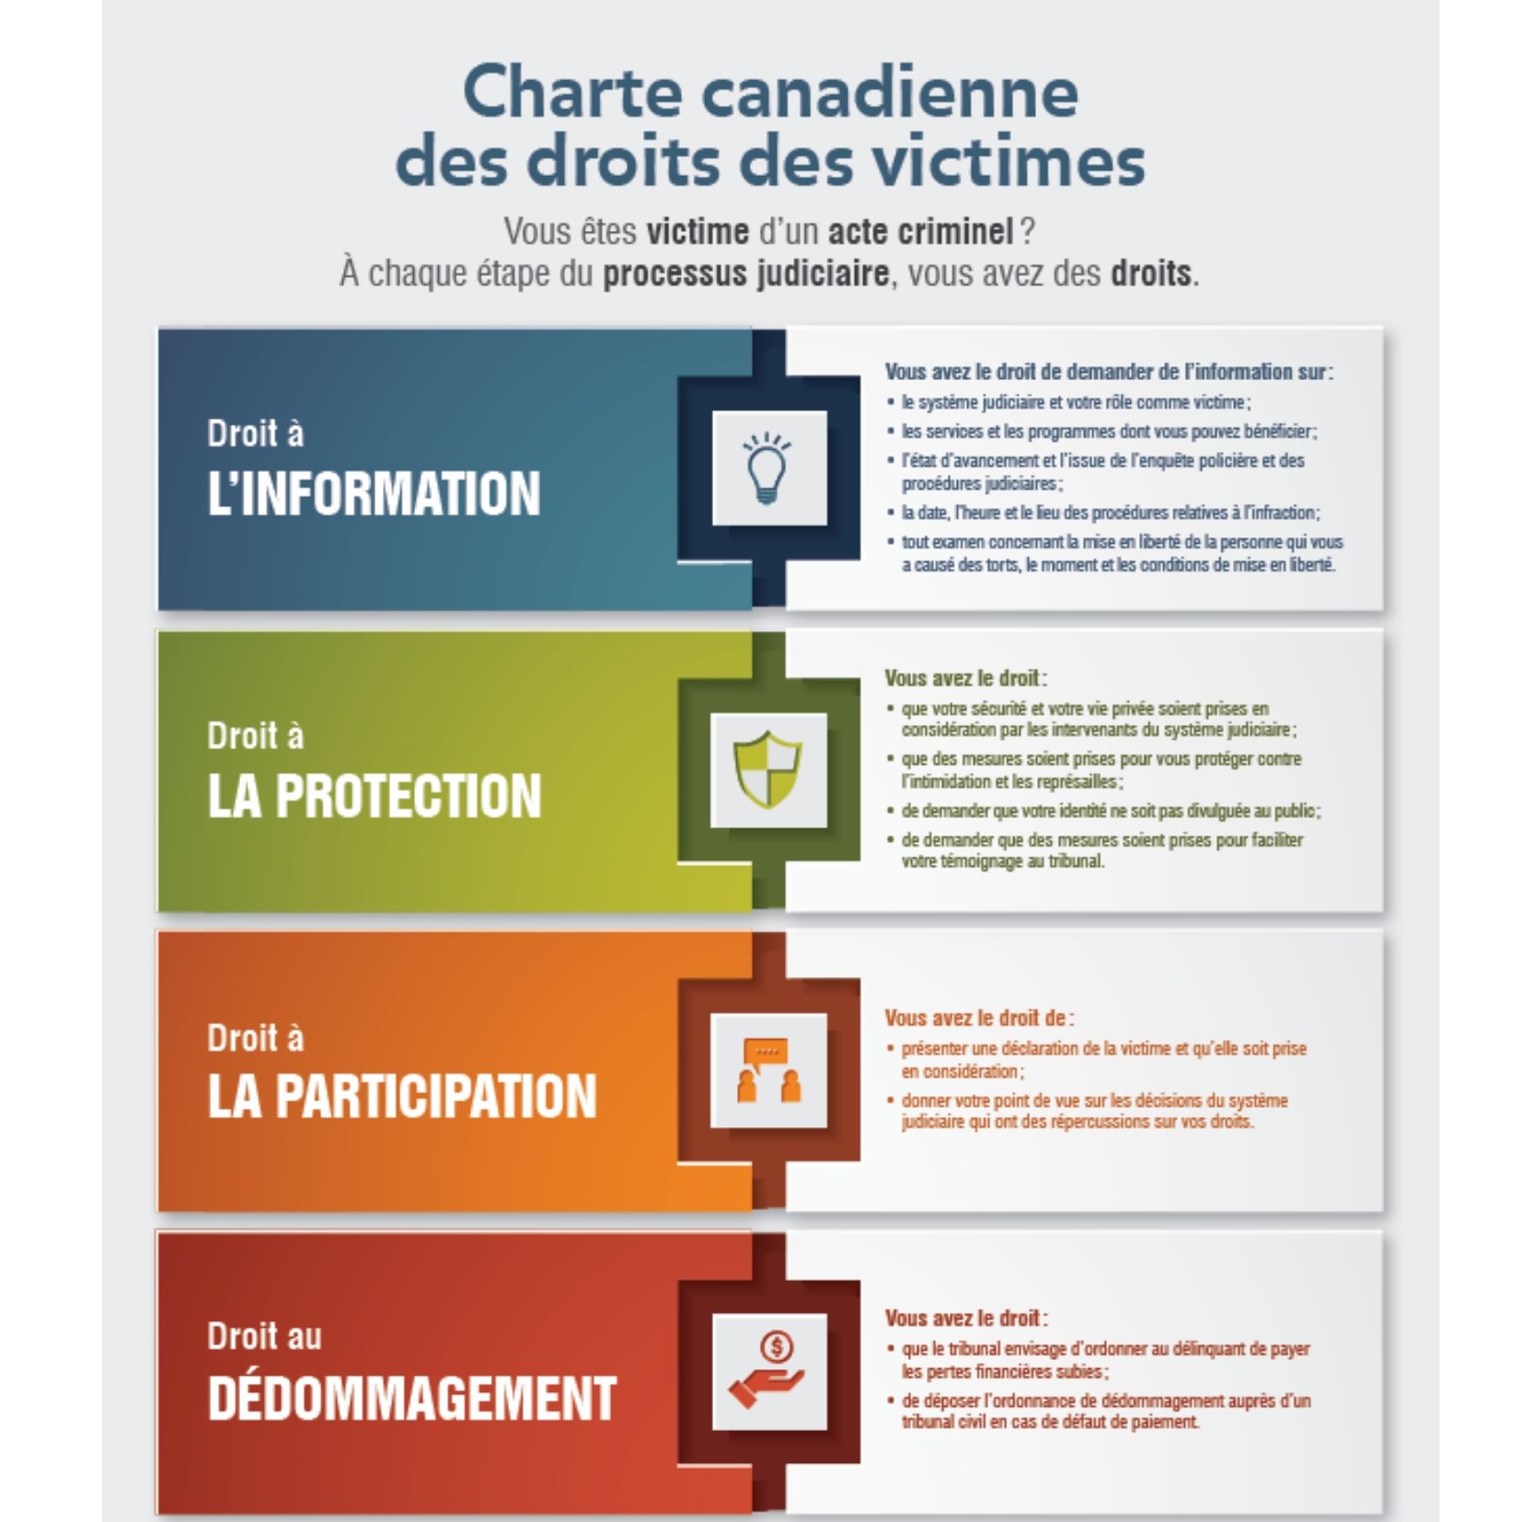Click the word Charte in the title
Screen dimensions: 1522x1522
(x=571, y=93)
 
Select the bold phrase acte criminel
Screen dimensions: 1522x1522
(x=919, y=232)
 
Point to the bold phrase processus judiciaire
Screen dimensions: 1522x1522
(x=745, y=274)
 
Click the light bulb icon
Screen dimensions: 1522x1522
(x=768, y=467)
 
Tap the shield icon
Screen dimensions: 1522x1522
(x=768, y=769)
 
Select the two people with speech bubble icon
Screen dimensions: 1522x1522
(x=768, y=1070)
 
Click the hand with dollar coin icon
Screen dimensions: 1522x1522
(x=768, y=1372)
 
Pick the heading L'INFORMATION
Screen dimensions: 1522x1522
(x=374, y=493)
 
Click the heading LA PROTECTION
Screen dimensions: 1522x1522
(x=374, y=795)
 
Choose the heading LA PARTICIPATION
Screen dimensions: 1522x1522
(x=402, y=1096)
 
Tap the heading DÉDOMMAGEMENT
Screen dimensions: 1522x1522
(x=411, y=1398)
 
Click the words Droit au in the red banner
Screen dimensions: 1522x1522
(x=264, y=1336)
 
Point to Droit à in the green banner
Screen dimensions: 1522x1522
(x=255, y=735)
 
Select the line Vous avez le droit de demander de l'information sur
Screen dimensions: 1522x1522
(x=1108, y=372)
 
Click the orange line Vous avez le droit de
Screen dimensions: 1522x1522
(x=978, y=1018)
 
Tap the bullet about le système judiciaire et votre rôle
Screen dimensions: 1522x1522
(x=1075, y=402)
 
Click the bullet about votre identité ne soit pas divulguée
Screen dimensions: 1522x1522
(x=1110, y=811)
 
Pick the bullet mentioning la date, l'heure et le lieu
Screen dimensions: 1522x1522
(x=1110, y=513)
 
